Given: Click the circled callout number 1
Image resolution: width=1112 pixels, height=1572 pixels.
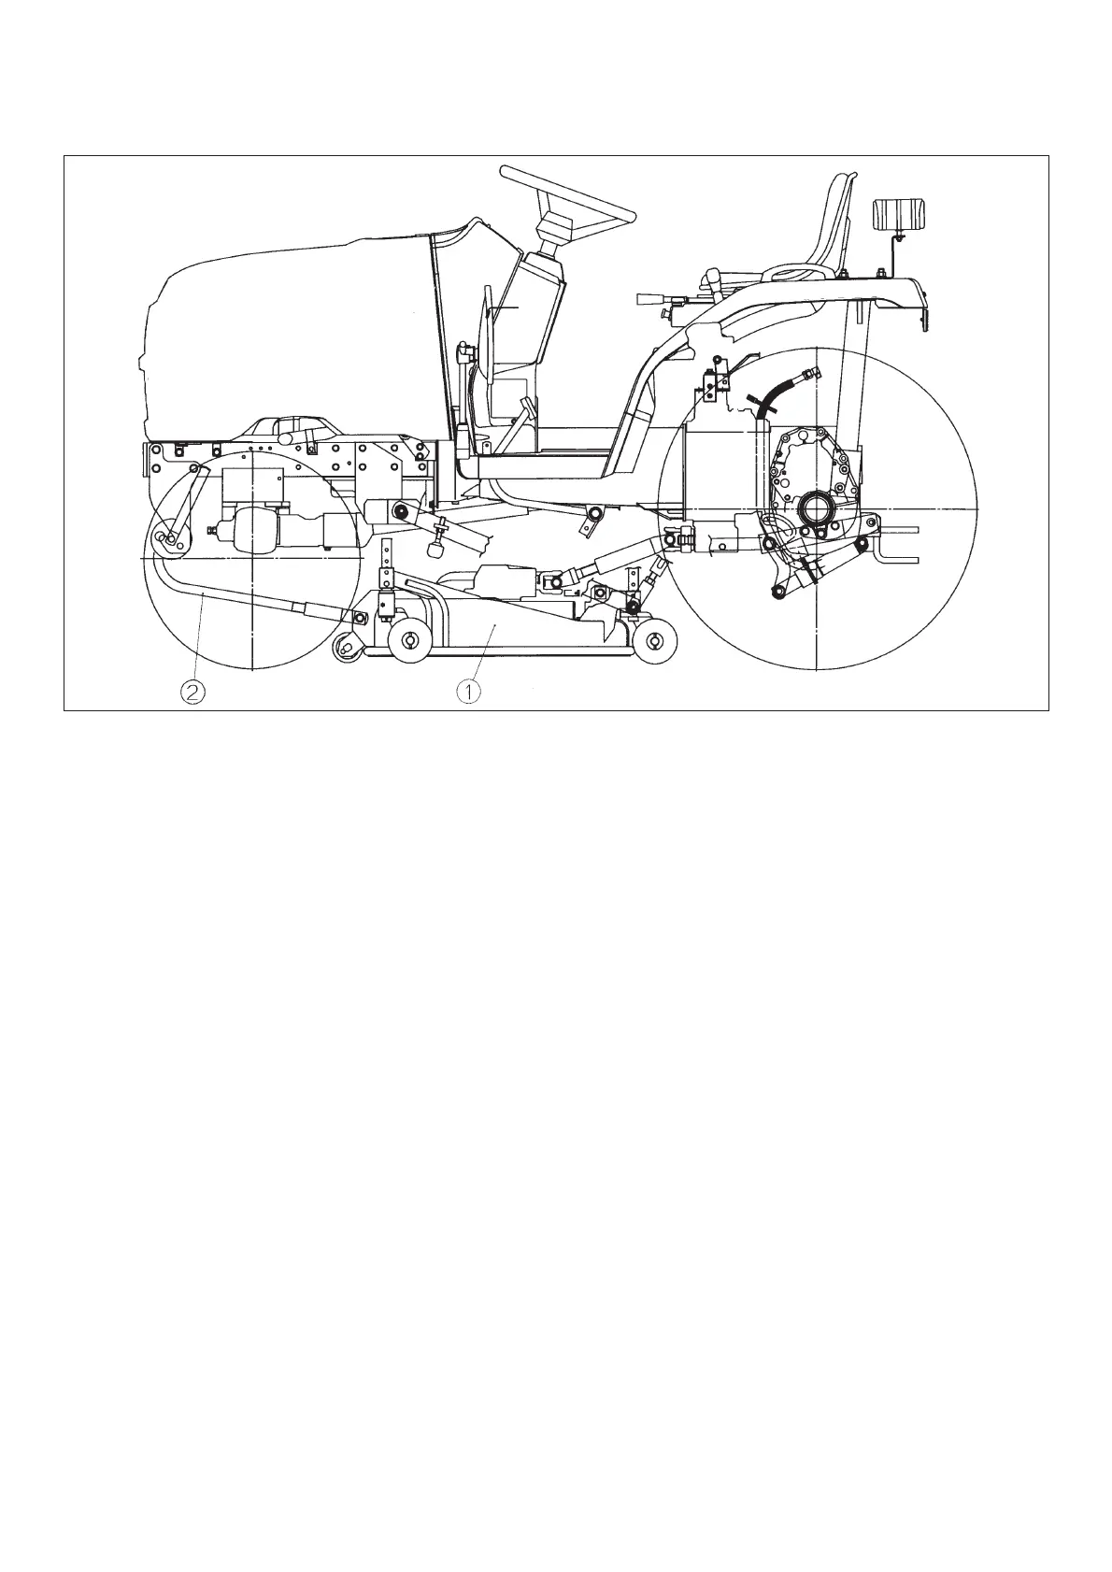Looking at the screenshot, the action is coord(468,692).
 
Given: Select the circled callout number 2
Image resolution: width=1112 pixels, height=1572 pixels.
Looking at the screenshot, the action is coord(192,692).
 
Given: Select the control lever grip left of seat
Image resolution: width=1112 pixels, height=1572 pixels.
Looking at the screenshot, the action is coord(648,299).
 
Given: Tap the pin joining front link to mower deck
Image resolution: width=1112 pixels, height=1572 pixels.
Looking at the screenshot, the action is coord(359,616).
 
